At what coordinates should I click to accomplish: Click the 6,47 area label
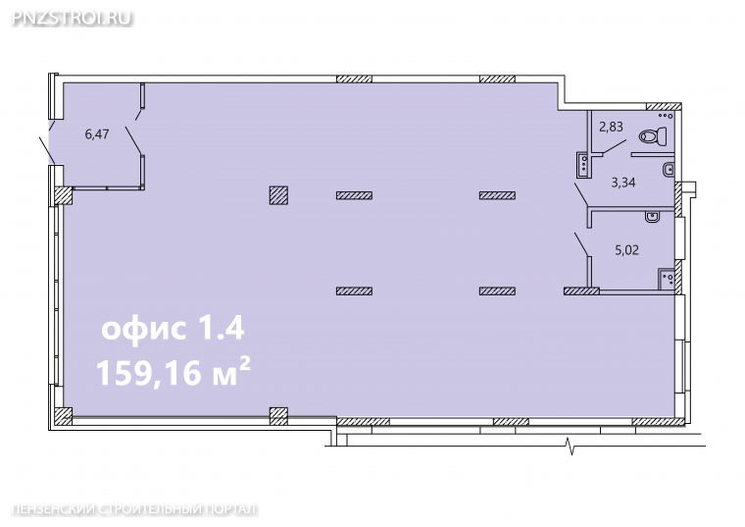coord(97,134)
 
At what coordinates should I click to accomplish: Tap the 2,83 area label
coord(611,127)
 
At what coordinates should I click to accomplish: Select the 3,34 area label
coord(622,183)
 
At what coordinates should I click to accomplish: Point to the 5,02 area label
coord(626,249)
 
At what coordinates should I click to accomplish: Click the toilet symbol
coord(652,136)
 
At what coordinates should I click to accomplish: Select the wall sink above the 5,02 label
coord(652,217)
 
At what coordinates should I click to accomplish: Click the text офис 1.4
coord(173,328)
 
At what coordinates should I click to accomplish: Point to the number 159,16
coord(149,372)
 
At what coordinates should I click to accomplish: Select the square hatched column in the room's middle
coord(278,195)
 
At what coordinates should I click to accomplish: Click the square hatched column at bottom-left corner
coord(63,416)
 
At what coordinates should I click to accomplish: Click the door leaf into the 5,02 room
coord(581,245)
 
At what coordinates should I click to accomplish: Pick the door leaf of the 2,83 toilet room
coord(615,146)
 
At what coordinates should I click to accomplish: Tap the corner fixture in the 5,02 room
coord(666,279)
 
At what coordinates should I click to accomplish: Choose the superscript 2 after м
coord(245,364)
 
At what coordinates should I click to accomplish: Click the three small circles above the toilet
coord(665,115)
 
